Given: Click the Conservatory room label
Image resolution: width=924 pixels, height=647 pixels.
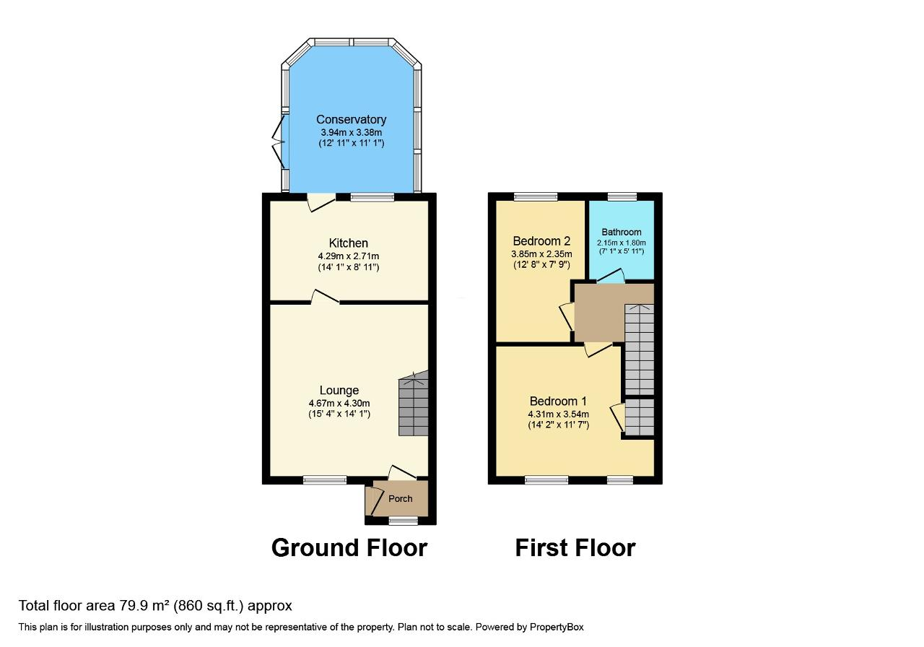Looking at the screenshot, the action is tap(351, 119).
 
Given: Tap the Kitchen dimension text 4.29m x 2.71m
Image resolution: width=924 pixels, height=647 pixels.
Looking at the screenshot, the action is tap(349, 256).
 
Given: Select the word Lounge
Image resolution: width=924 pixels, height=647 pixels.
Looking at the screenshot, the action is tap(339, 390).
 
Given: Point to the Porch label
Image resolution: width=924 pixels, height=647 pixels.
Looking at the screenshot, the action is tap(400, 498).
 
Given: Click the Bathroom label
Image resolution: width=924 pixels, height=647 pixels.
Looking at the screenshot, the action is tap(622, 232).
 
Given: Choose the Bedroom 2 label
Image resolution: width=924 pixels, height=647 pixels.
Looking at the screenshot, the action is tap(541, 240).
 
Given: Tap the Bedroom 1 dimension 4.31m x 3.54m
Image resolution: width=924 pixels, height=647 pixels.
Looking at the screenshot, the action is tap(559, 414).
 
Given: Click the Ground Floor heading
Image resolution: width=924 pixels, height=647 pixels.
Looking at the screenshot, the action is tap(349, 547).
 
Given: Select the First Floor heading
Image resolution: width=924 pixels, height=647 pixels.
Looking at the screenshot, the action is tap(575, 547).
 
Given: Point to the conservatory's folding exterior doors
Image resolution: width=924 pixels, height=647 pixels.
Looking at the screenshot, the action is tap(279, 142).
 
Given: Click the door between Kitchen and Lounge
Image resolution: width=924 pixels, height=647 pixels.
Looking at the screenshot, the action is tap(325, 297).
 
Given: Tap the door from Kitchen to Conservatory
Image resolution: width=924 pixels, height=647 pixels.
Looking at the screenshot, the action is tap(321, 203).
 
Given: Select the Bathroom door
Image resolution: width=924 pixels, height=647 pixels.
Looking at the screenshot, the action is tap(611, 276).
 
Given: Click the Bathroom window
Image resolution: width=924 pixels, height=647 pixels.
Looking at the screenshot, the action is tap(622, 197).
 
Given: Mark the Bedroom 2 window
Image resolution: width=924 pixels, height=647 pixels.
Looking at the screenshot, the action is tap(536, 197).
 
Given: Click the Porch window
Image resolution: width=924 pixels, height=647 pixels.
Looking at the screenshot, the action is tap(404, 521).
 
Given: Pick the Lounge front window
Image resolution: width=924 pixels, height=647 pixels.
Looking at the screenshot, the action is tap(325, 479).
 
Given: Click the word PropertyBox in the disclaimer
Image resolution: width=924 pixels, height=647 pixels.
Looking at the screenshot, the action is tap(557, 628).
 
